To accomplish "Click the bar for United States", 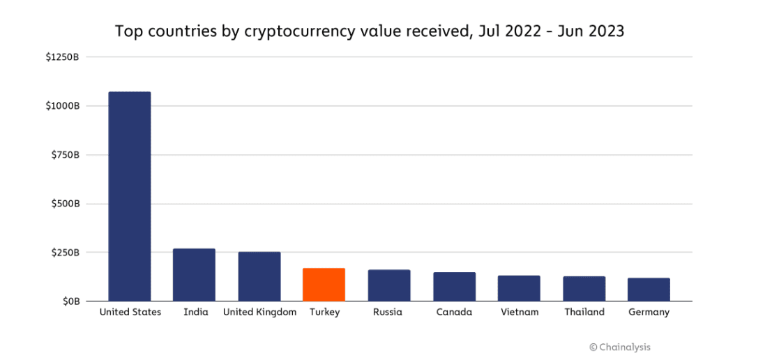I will coord(130,197).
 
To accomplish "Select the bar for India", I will coord(194,275).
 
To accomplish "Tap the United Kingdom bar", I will coord(259,276).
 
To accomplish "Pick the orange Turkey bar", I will coord(324,285).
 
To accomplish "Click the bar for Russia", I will coord(389,285).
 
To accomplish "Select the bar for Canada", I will coord(454,287).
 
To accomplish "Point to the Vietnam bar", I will coord(519,288).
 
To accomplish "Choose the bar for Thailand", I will coord(584,289).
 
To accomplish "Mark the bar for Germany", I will coord(649,290).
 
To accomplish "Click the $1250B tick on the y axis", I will coord(62,57).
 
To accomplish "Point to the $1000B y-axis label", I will coord(62,105).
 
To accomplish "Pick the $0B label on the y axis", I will coord(69,301).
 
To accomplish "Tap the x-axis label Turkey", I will coord(324,313).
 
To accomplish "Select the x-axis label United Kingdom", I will coord(259,313).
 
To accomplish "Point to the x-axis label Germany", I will coord(649,313).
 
